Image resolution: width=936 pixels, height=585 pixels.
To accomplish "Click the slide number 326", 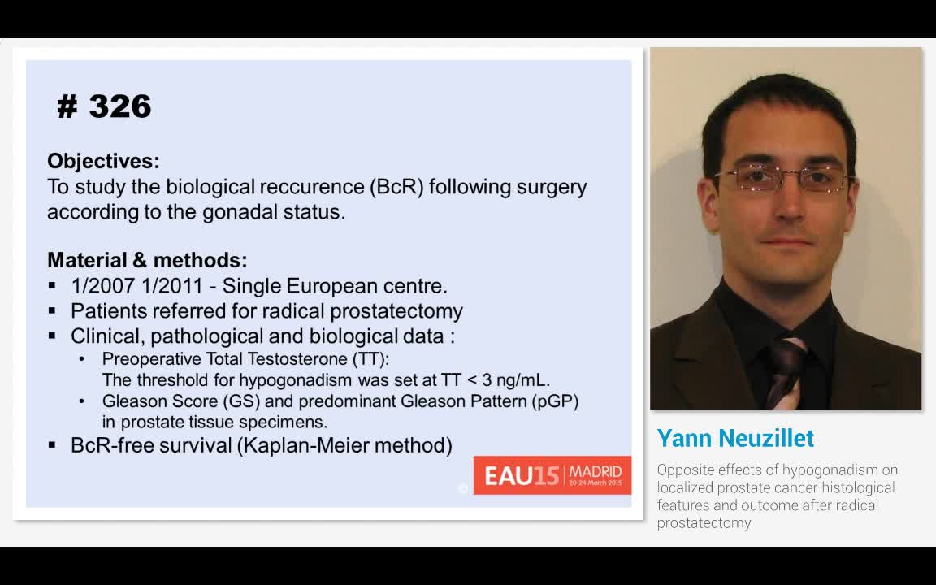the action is (120, 106).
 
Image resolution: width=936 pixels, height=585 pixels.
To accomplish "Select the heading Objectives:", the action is (103, 161).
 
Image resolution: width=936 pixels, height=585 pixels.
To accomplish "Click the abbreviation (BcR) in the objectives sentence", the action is (396, 187).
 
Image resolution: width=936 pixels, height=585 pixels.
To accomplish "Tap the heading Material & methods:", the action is (147, 260).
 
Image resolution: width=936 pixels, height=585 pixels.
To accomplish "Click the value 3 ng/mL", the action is (518, 380).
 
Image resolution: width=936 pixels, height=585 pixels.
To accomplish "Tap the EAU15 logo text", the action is (522, 476).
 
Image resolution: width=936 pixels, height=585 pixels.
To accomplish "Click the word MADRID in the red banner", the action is (595, 472).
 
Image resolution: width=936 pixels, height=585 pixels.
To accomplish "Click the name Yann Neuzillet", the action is (735, 439).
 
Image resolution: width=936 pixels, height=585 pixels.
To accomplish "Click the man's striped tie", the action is (786, 371).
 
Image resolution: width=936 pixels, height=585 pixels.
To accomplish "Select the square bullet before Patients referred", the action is (53, 311).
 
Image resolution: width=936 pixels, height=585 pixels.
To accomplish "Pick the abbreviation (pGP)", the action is (556, 401).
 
